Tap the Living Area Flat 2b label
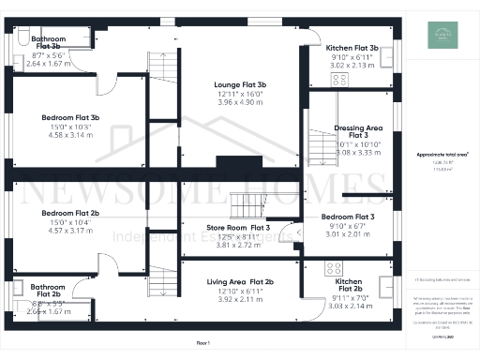pos(240,281)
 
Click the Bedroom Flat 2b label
pos(70,213)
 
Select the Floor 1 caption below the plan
pos(202,344)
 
